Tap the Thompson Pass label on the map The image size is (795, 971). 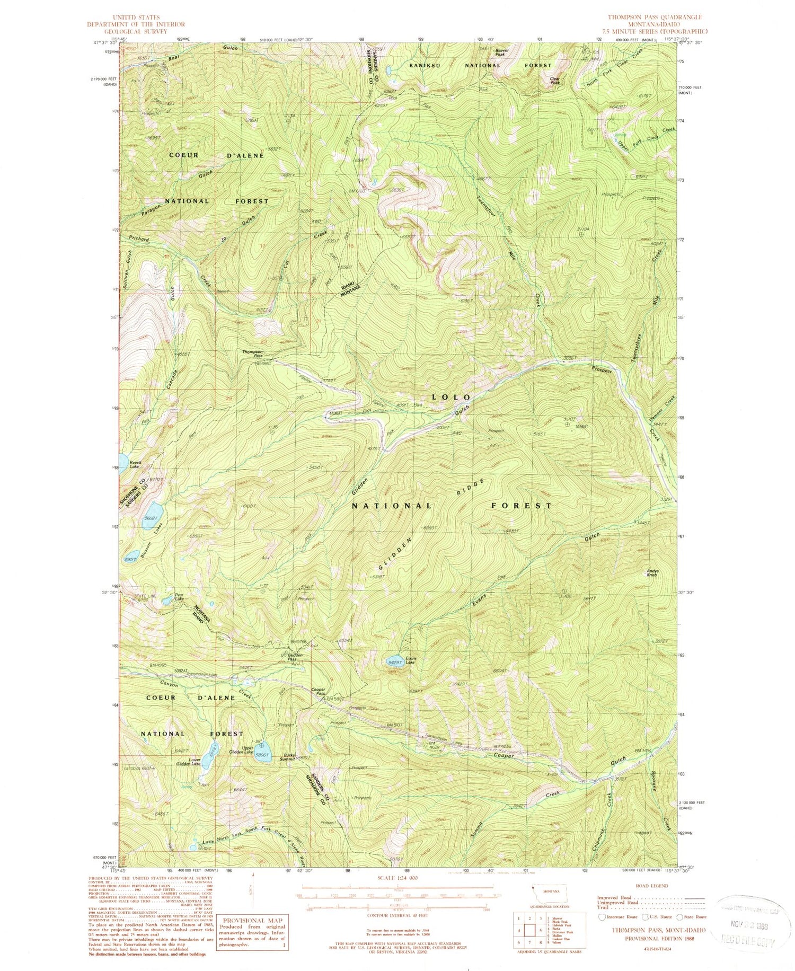point(253,354)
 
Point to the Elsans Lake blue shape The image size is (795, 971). point(395,662)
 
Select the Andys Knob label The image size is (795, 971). point(653,573)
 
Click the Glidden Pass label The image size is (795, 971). point(295,657)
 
